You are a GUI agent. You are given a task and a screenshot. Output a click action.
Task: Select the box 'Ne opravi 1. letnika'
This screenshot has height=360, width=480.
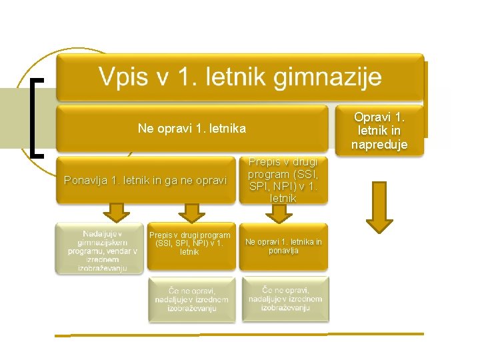[192, 128]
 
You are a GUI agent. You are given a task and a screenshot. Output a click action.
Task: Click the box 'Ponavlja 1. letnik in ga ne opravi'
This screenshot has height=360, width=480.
[146, 180]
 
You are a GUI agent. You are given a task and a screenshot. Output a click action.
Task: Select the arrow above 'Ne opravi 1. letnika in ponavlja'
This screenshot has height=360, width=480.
[280, 213]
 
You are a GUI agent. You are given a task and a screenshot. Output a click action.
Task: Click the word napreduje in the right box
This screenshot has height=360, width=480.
[379, 145]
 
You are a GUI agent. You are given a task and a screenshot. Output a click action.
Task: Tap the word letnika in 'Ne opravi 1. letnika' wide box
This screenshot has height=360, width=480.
[227, 128]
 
